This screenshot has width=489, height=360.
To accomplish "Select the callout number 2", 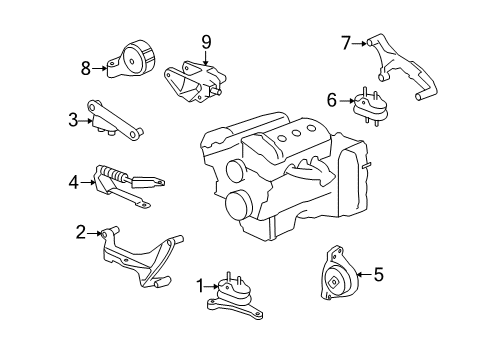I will (x=81, y=234).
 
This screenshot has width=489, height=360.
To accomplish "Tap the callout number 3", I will (x=73, y=121).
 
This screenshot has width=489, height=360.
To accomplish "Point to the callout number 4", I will (x=73, y=182).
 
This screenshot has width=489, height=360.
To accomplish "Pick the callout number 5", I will (x=378, y=271).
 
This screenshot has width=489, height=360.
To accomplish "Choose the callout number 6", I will (x=332, y=99).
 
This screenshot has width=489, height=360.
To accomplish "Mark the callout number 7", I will (x=346, y=42).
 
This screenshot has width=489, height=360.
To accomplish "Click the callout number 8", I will (x=87, y=68).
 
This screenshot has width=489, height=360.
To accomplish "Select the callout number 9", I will (x=205, y=42).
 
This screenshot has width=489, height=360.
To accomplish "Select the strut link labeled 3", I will (x=118, y=119).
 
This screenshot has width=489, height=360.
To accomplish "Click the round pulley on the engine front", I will (x=238, y=206).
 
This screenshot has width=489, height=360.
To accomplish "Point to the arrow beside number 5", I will (x=360, y=271).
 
